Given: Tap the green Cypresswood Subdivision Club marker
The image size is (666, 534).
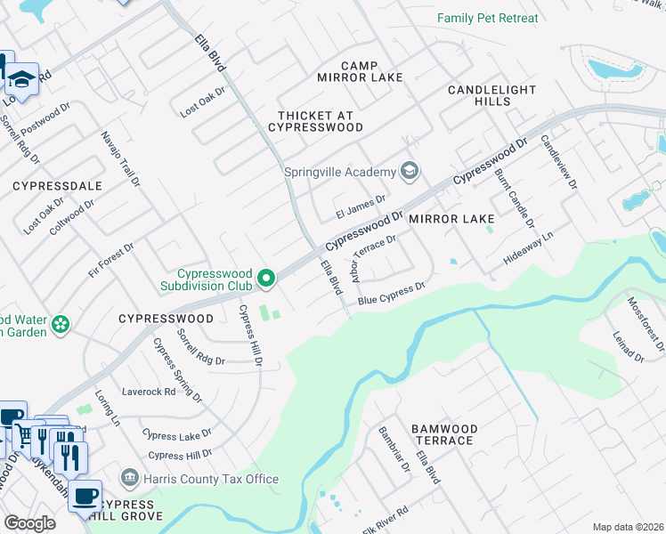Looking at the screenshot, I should [265, 279].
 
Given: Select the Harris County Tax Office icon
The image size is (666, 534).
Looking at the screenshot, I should [130, 479].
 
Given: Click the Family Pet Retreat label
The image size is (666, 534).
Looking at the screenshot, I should [488, 18].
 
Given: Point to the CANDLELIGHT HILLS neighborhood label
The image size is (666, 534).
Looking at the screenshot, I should [492, 96].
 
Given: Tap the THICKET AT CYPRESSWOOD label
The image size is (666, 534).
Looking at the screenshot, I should [321, 122].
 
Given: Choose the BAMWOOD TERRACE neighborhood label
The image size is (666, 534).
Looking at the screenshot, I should [443, 435].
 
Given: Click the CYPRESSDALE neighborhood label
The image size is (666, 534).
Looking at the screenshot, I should [57, 186].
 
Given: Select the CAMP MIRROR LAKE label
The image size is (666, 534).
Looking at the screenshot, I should [361, 72].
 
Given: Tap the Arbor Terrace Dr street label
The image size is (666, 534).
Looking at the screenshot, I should [372, 259].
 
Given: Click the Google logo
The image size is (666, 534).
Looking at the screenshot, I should [29, 523].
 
